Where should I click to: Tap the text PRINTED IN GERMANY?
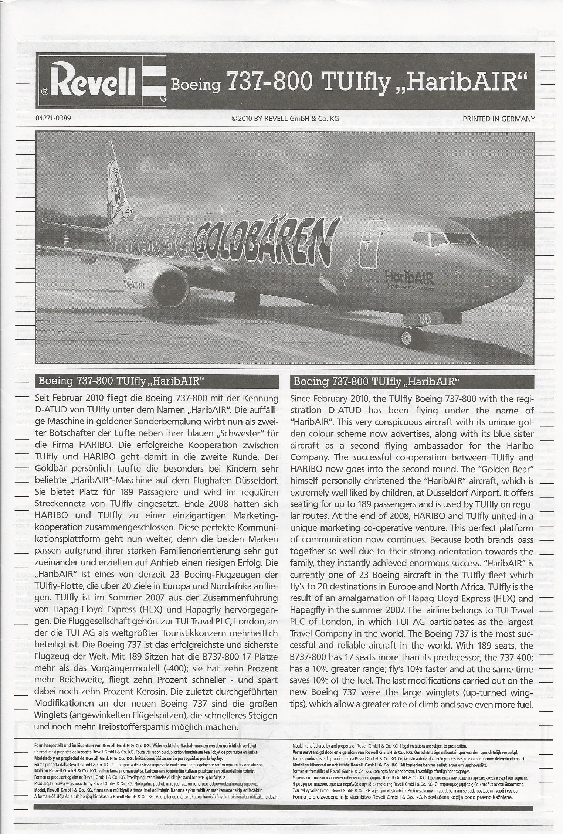pyautogui.click(x=499, y=119)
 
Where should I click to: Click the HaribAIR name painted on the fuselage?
pyautogui.click(x=409, y=277)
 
